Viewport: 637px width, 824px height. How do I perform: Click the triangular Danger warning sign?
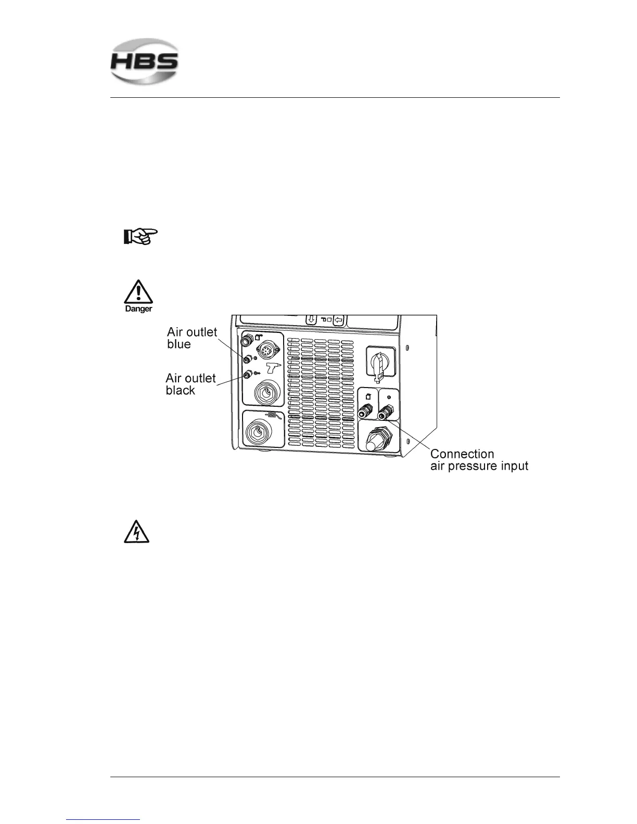click(138, 292)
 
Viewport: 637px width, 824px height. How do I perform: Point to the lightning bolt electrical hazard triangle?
click(136, 533)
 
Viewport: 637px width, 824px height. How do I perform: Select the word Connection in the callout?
click(462, 454)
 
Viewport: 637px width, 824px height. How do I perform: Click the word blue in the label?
click(179, 344)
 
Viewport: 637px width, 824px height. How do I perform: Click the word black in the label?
click(180, 390)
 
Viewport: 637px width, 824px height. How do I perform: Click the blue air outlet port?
click(248, 358)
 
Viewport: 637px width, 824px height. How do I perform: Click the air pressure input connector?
click(386, 414)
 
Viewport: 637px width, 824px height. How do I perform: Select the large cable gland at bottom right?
click(378, 440)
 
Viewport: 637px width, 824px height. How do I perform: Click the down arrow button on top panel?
click(312, 319)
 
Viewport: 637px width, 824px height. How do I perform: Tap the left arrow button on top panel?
click(339, 320)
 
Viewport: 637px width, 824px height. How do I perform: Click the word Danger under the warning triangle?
click(138, 308)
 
